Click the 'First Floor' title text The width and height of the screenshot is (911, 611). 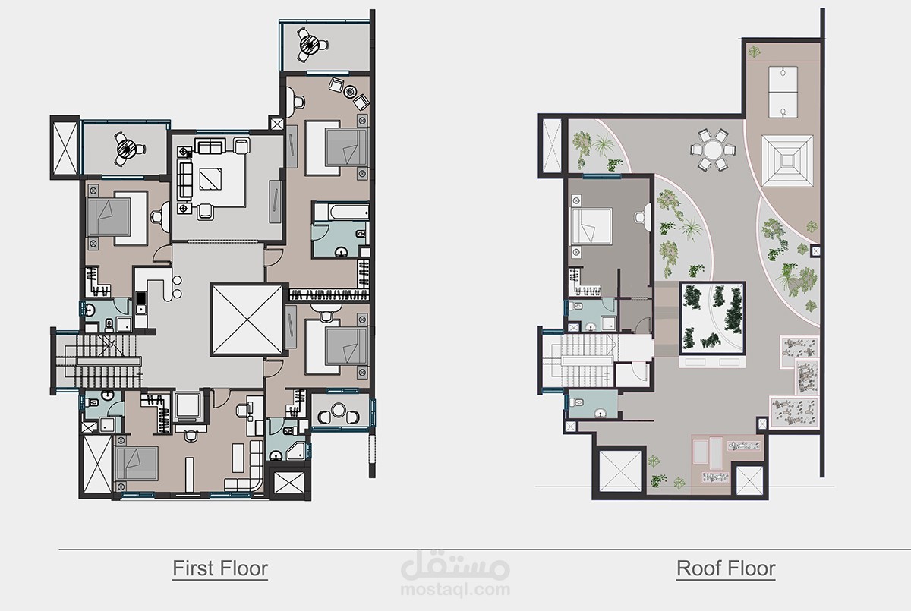coord(220,568)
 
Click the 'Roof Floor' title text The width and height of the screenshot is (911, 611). coord(726,568)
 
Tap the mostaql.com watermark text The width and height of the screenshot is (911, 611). coord(455,589)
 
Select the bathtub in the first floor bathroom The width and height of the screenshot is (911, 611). coord(341,212)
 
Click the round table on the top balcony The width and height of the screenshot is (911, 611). coord(310,44)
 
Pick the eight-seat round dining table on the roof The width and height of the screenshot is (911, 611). coord(713,150)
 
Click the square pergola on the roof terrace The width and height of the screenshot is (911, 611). coord(787,161)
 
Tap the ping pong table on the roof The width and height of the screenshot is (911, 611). coord(783,92)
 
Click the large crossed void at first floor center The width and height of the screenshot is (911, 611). coord(247,320)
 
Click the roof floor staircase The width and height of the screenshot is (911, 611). coord(582,361)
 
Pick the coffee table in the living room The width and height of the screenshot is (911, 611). coord(210,179)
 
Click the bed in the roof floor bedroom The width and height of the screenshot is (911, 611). coord(591,226)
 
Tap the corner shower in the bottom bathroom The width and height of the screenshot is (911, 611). coord(297,451)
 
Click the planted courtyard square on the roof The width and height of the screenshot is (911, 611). coord(713,318)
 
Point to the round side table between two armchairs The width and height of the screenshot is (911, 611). coord(350,92)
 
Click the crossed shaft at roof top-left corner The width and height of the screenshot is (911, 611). coord(552,146)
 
